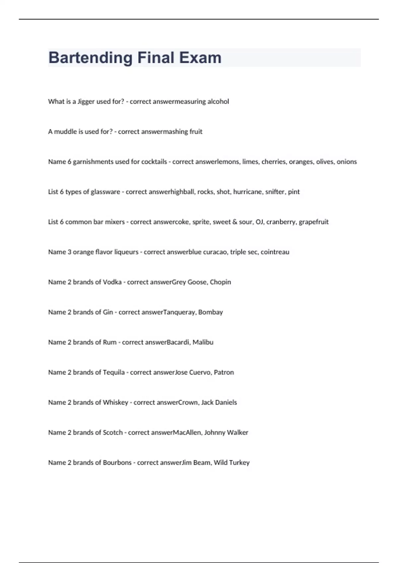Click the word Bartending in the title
(90, 58)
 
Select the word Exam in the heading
(200, 58)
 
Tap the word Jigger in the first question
(86, 102)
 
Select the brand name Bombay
(210, 312)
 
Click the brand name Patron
(224, 372)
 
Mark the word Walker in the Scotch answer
(238, 433)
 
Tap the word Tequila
(114, 372)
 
